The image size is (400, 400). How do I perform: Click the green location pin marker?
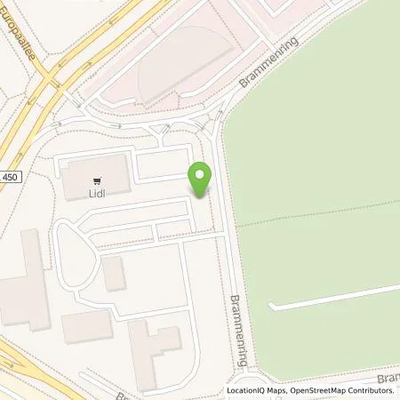201,180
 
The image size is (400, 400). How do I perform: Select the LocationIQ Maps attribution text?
257,391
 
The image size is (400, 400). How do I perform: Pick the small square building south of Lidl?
114,274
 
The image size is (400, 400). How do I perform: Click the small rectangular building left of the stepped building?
86,327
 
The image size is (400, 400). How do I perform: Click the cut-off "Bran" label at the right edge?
388,377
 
